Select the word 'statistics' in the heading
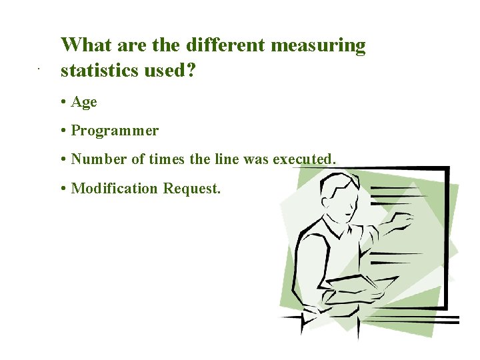pyautogui.click(x=99, y=70)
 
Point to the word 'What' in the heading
pyautogui.click(x=86, y=45)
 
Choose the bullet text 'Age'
pyautogui.click(x=84, y=102)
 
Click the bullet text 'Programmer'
pyautogui.click(x=115, y=131)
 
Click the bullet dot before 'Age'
pyautogui.click(x=61, y=102)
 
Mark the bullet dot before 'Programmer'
pyautogui.click(x=61, y=131)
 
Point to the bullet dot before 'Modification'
pyautogui.click(x=61, y=189)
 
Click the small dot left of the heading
pyautogui.click(x=39, y=69)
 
